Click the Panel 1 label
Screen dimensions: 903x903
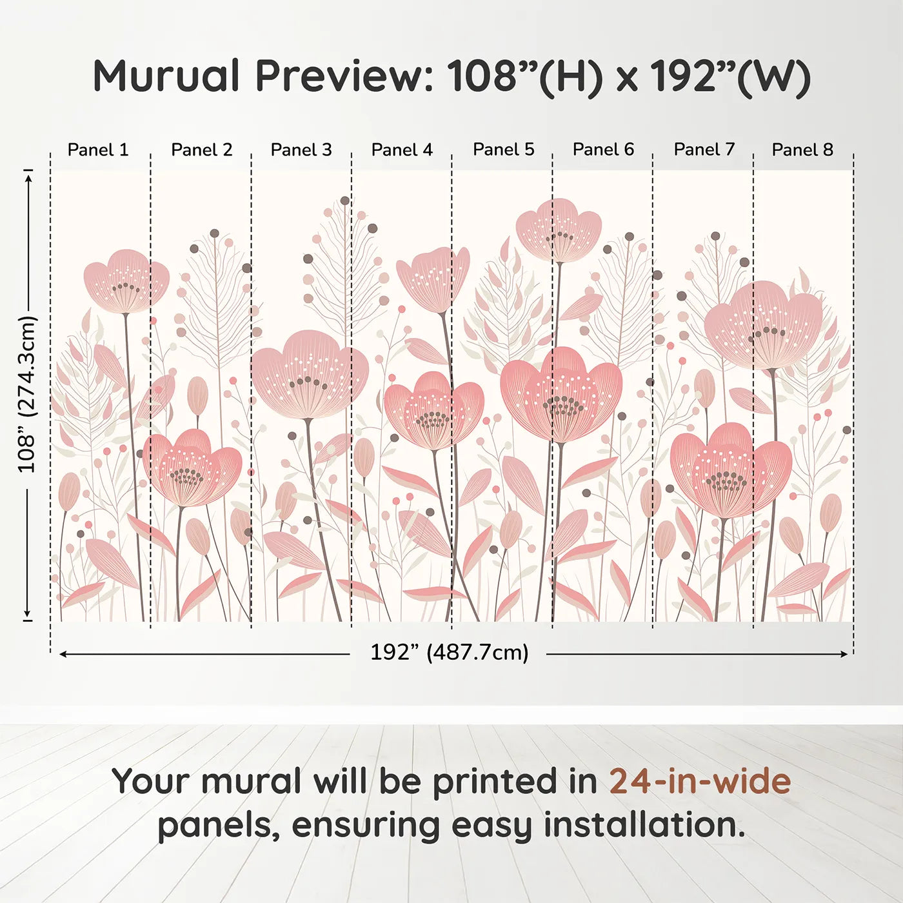coord(98,150)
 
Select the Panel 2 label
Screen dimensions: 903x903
coord(201,150)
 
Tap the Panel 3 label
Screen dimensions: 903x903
coord(301,150)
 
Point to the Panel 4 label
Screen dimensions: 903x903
coord(402,150)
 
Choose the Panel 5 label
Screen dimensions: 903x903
coord(504,150)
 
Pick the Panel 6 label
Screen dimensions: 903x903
coord(604,150)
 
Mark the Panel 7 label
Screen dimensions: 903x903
coord(704,150)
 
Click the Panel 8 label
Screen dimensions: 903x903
coord(803,150)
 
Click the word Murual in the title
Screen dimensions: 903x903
coord(166,76)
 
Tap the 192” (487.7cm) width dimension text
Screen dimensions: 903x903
coord(450,652)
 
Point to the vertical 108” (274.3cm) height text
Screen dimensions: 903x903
coord(27,394)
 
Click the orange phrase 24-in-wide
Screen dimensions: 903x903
coord(700,781)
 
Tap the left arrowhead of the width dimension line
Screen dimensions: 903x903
coord(63,654)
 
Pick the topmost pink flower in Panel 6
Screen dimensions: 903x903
coord(559,230)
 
